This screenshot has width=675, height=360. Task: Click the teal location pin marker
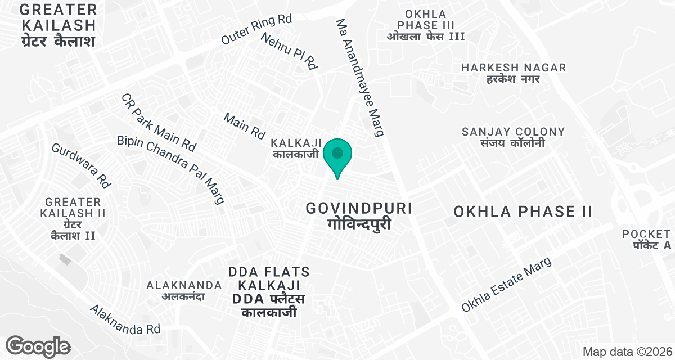click(337, 156)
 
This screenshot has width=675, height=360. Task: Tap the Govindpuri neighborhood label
click(359, 215)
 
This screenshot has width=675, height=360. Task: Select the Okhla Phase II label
click(523, 211)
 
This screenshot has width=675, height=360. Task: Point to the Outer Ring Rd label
click(256, 30)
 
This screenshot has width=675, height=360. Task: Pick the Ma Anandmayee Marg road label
click(360, 77)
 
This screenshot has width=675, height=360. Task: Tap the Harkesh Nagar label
click(513, 73)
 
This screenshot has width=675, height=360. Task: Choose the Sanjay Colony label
click(513, 137)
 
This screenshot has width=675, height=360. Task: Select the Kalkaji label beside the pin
click(296, 147)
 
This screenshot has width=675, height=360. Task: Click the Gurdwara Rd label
click(80, 165)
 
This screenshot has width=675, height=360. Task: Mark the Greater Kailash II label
click(73, 218)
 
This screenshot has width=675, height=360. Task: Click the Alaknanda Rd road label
click(125, 319)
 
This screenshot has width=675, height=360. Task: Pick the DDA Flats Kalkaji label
click(269, 292)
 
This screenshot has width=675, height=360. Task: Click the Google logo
click(38, 346)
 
